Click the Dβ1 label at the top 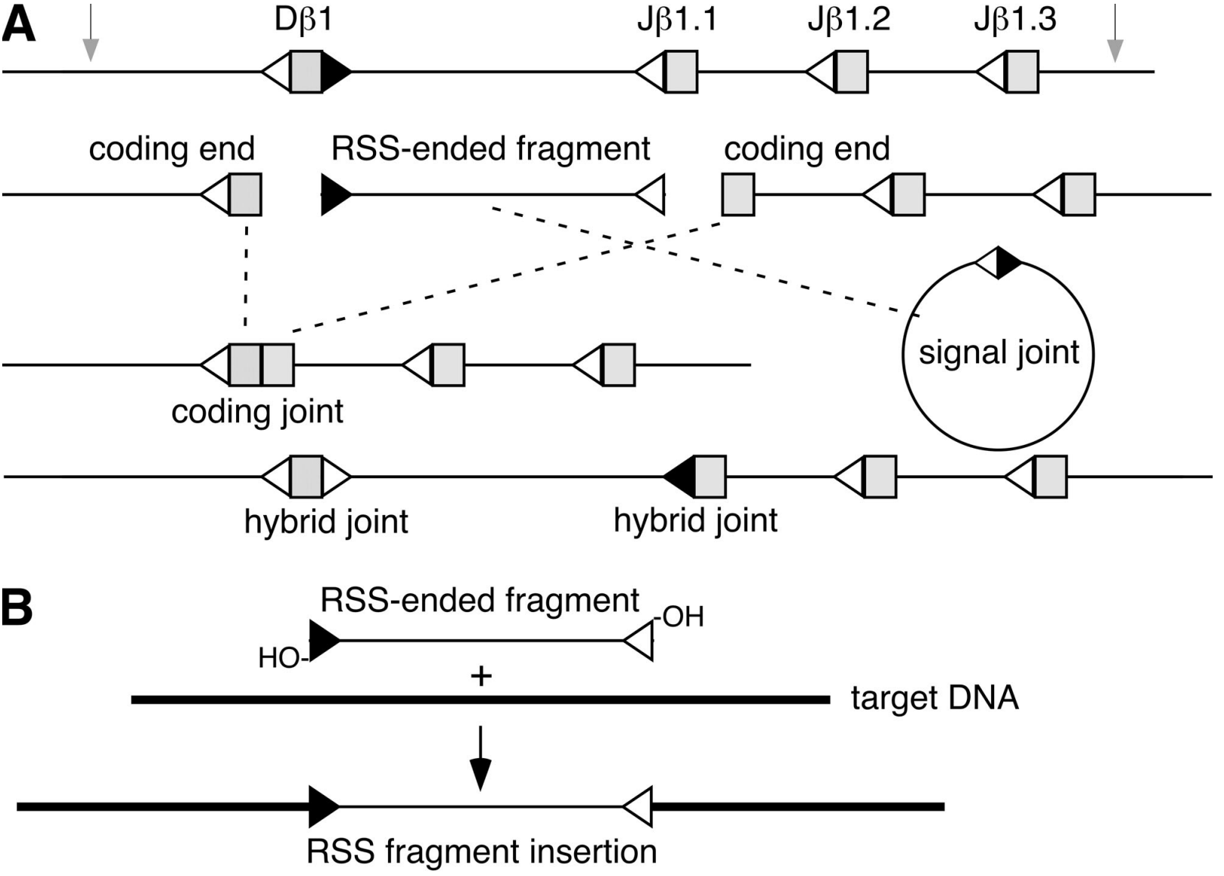[x=303, y=20]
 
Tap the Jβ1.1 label [x=676, y=20]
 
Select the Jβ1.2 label [x=849, y=20]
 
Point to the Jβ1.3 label [x=1014, y=20]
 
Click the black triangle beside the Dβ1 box [x=334, y=72]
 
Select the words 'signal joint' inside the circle [x=999, y=353]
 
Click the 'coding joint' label [x=257, y=412]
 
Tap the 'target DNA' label [x=934, y=697]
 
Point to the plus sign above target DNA [x=481, y=676]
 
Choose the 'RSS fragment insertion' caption [x=481, y=852]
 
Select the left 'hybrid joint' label [x=326, y=521]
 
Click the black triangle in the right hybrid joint [x=681, y=477]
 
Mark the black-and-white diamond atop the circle [x=999, y=262]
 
